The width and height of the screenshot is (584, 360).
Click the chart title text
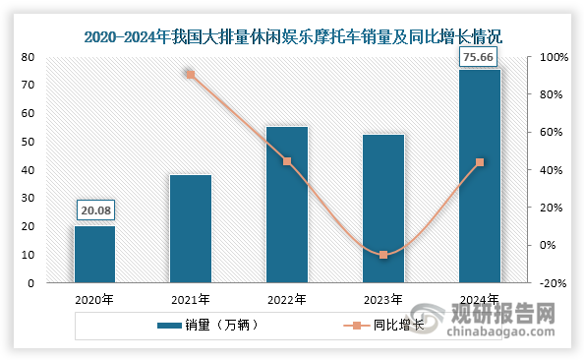pyautogui.click(x=292, y=37)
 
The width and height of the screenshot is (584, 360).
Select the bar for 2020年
pyautogui.click(x=94, y=254)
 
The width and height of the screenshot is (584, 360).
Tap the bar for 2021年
pyautogui.click(x=191, y=228)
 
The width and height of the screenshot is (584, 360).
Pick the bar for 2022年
pyautogui.click(x=287, y=204)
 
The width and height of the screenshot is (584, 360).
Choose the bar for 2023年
pyautogui.click(x=383, y=209)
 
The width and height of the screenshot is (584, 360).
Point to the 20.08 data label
pyautogui.click(x=94, y=210)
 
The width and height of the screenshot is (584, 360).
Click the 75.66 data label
pyautogui.click(x=479, y=59)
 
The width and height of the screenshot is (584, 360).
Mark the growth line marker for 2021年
pyautogui.click(x=191, y=74)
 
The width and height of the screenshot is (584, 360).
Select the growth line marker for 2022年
pyautogui.click(x=287, y=161)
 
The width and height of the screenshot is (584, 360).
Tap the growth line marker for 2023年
pyautogui.click(x=383, y=255)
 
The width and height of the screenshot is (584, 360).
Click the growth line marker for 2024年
pyautogui.click(x=479, y=162)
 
